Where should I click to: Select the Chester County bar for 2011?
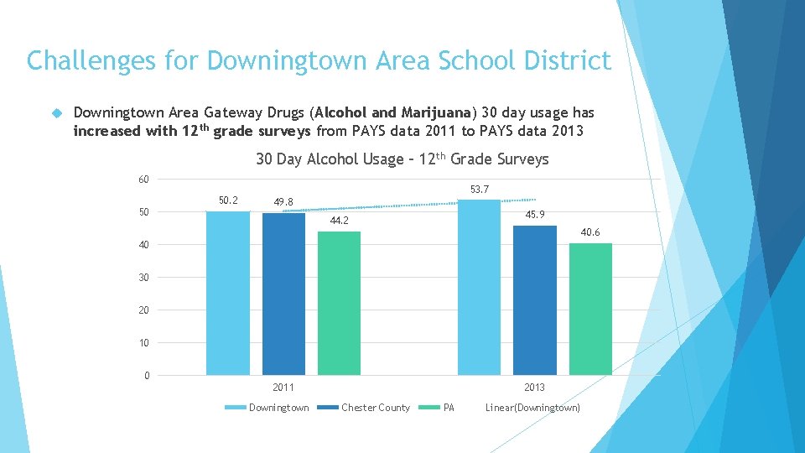pyautogui.click(x=283, y=294)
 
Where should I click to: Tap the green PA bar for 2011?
pyautogui.click(x=339, y=303)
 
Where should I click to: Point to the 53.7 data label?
pyautogui.click(x=480, y=190)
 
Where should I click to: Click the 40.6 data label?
pyautogui.click(x=590, y=232)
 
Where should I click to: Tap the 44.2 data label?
pyautogui.click(x=339, y=221)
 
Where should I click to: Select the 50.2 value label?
pyautogui.click(x=228, y=200)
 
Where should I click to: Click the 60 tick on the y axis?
pyautogui.click(x=144, y=180)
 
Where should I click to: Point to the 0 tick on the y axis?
pyautogui.click(x=147, y=376)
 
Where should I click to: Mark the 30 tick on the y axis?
pyautogui.click(x=144, y=278)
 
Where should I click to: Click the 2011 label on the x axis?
pyautogui.click(x=283, y=388)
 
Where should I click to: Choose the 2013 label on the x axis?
pyautogui.click(x=534, y=388)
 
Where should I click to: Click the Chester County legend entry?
pyautogui.click(x=375, y=408)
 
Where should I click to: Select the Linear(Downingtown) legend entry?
pyautogui.click(x=532, y=408)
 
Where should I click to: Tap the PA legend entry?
pyautogui.click(x=449, y=408)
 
